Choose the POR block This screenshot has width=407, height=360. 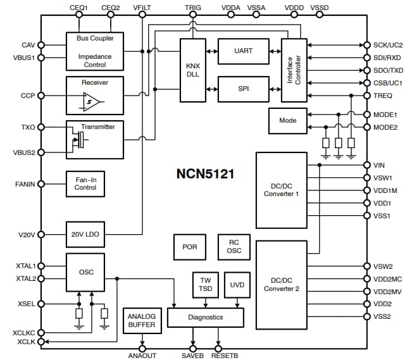point(189,247)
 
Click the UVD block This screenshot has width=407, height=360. point(237,285)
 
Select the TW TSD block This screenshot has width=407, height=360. point(204,285)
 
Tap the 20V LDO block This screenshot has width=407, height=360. point(85,234)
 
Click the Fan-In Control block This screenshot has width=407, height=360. point(85,183)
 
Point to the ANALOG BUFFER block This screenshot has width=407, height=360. point(142,321)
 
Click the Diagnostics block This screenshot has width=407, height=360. point(205,318)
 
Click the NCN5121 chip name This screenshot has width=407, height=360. point(204,173)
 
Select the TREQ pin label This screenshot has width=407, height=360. point(383,95)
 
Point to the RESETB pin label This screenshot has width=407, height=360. point(224,356)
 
